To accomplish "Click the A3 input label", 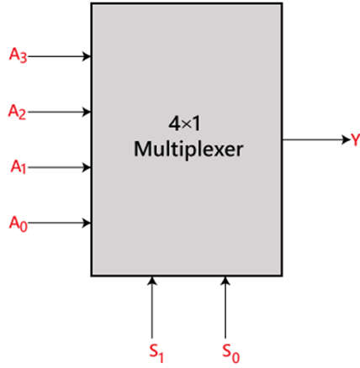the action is pos(19,55).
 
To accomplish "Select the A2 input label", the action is pos(17,112).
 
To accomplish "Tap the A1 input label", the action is pos(19,167).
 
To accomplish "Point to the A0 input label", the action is pos(19,223).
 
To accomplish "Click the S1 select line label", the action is pos(156,353).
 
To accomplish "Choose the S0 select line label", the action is pos(231,353).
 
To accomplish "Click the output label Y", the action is pos(356,140).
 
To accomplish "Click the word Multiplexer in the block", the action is pos(188,150).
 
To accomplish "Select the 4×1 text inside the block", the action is pos(184,124).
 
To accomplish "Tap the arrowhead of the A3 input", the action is pos(87,56).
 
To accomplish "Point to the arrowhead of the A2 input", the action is pos(87,112).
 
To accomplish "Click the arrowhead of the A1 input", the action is pos(87,167).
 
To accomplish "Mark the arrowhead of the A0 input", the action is pos(87,223).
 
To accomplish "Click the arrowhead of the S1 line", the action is pos(152,281).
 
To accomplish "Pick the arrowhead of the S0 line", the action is pos(225,281).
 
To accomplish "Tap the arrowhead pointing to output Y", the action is pos(347,139).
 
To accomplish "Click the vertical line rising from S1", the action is pos(152,308).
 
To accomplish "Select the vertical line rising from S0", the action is pos(225,308).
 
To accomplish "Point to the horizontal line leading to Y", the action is pos(316,139).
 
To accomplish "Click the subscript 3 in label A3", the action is pos(24,58).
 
